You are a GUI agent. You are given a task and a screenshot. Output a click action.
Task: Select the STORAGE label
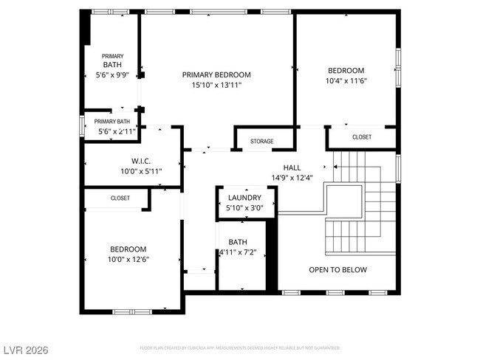pyautogui.click(x=261, y=141)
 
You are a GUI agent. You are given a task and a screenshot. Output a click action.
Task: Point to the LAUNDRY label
pyautogui.click(x=244, y=198)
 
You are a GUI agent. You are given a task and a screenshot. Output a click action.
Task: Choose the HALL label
pyautogui.click(x=292, y=167)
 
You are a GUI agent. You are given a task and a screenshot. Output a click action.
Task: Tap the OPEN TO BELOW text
pyautogui.click(x=337, y=269)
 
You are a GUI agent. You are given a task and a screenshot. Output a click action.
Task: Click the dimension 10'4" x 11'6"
pyautogui.click(x=346, y=81)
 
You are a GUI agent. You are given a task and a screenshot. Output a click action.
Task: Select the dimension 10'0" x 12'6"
pyautogui.click(x=128, y=259)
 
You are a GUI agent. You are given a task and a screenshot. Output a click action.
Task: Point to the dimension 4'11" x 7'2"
pyautogui.click(x=237, y=252)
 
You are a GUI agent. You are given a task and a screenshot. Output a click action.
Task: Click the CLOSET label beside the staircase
pyautogui.click(x=362, y=137)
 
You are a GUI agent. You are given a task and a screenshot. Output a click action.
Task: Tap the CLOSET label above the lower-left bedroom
pyautogui.click(x=120, y=198)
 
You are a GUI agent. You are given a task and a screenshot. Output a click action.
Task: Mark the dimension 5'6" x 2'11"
pyautogui.click(x=112, y=131)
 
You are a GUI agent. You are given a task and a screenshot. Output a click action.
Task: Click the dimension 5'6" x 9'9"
pyautogui.click(x=112, y=75)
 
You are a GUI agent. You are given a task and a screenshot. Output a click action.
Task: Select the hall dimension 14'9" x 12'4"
pyautogui.click(x=292, y=178)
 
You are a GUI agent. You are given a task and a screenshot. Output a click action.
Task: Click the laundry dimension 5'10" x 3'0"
pyautogui.click(x=244, y=208)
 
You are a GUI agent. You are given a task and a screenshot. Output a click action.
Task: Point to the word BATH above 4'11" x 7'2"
pyautogui.click(x=238, y=242)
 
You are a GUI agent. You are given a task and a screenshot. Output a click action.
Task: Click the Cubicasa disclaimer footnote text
pyautogui.click(x=239, y=347)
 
